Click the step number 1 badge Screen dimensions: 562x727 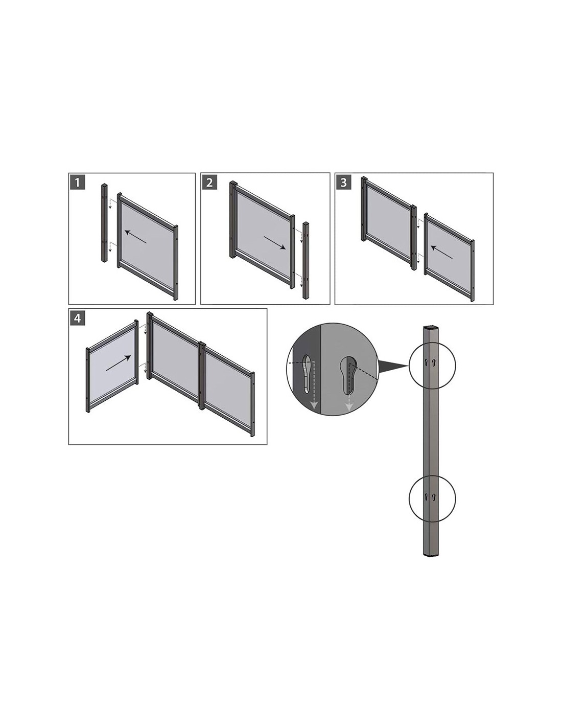click(78, 183)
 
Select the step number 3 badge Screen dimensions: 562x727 click(344, 183)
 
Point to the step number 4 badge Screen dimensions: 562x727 click(78, 318)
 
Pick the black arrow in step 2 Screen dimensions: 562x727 click(274, 242)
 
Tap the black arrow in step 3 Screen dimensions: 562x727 click(441, 252)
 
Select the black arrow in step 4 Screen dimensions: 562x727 click(118, 363)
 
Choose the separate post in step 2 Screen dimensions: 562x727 click(306, 260)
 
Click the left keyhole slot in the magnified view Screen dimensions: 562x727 click(307, 374)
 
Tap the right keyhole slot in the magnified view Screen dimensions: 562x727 click(348, 374)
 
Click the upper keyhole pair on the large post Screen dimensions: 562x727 click(431, 361)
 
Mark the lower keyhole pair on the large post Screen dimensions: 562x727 click(430, 497)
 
